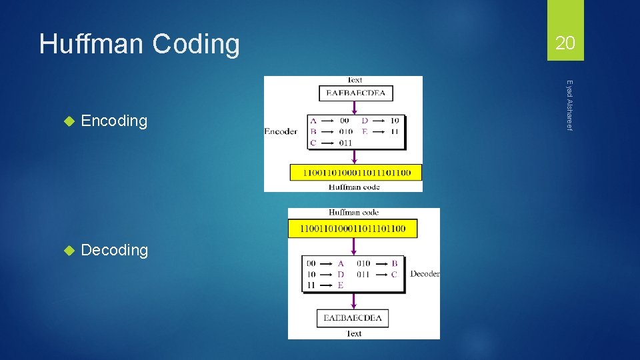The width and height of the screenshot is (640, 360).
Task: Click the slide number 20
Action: [x=565, y=43]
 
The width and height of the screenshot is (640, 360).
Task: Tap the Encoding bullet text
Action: [x=113, y=121]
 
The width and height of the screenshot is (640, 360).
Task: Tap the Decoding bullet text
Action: [x=114, y=250]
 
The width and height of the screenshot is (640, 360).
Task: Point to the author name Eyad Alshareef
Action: [x=569, y=105]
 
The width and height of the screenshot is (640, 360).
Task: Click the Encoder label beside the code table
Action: [x=281, y=131]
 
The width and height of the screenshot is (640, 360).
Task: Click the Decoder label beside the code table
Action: [x=425, y=274]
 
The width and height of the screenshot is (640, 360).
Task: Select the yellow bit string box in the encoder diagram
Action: [x=355, y=172]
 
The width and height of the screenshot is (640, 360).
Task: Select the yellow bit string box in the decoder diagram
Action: [x=353, y=229]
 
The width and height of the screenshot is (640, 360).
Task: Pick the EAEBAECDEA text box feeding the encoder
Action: [x=356, y=93]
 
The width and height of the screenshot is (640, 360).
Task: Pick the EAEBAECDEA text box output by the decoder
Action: [x=353, y=318]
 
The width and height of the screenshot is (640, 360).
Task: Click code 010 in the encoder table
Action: [x=345, y=131]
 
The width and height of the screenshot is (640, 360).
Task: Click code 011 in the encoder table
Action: [x=345, y=142]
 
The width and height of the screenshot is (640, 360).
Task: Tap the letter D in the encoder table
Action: [x=365, y=121]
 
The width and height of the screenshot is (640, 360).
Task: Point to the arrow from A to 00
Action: [x=327, y=121]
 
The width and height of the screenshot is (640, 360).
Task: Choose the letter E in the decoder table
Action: [x=340, y=285]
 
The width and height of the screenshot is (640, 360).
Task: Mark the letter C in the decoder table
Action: [x=395, y=274]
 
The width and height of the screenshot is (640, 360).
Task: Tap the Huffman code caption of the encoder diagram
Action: [x=354, y=187]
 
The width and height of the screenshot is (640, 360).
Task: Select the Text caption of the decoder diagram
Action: [x=353, y=333]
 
